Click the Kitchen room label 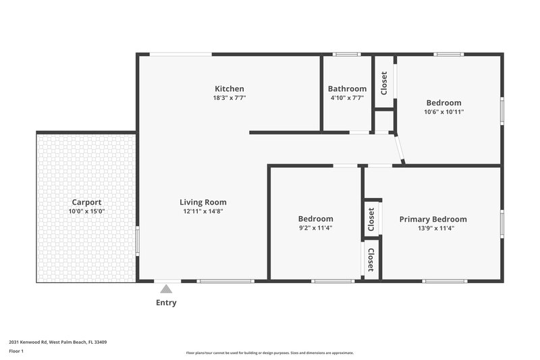pos(229,88)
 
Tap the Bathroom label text pos(347,88)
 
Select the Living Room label pos(202,202)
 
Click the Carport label pos(86,202)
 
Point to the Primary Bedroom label pos(433,219)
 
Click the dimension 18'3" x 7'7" pos(229,98)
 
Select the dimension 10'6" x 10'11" pos(443,111)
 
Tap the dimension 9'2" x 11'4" pos(315,228)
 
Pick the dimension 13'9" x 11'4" pos(433,228)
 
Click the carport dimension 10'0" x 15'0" pos(86,211)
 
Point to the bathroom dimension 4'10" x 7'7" pos(347,98)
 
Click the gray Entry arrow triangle pos(166,289)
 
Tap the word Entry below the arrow pos(166,303)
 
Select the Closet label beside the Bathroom pos(384,83)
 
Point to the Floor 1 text pos(17,351)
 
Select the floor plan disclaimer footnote pos(269,353)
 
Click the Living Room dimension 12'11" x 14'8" pos(202,211)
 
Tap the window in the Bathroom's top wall pos(347,54)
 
